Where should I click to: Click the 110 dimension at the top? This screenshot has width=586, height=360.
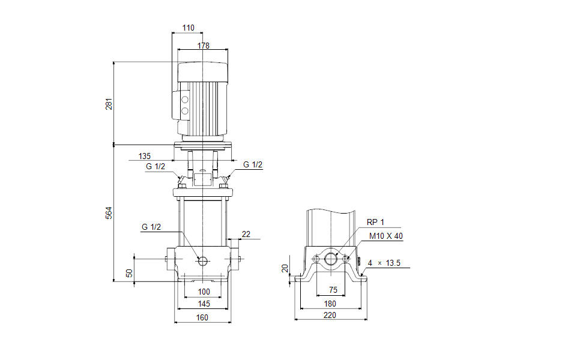(188, 28)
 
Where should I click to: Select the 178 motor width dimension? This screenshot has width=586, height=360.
(203, 46)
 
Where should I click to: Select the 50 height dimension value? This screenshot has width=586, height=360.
(128, 272)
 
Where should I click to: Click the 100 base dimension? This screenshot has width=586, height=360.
(204, 292)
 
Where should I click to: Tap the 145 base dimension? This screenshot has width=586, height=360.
(203, 304)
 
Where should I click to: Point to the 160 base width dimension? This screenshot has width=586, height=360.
(203, 317)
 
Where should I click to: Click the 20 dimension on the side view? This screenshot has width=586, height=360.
(285, 268)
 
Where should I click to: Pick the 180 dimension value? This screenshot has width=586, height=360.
(331, 304)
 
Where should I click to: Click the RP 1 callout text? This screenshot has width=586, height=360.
(375, 223)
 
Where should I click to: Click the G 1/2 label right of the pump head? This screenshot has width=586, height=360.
(253, 165)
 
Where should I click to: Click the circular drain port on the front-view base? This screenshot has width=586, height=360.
(202, 260)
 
